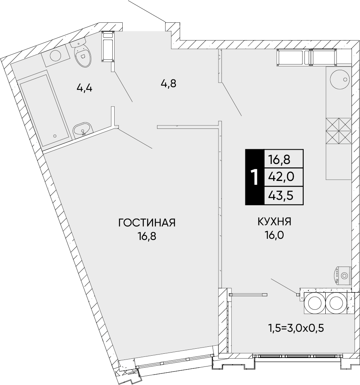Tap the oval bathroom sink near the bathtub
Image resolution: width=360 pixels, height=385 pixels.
point(82,129)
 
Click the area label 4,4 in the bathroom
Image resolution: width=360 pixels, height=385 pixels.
point(85,88)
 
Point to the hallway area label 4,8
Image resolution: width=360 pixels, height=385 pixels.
point(168,83)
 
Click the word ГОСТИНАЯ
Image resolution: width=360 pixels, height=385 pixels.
point(147,223)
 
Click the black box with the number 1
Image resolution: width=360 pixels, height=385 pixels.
point(254,177)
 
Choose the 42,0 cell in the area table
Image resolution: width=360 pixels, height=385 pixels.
point(282,177)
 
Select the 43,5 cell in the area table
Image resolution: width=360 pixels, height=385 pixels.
point(282,195)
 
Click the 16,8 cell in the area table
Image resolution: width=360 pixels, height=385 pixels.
point(282,159)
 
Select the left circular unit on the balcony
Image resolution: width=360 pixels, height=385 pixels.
point(314,302)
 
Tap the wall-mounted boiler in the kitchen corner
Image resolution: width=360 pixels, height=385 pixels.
point(342,275)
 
